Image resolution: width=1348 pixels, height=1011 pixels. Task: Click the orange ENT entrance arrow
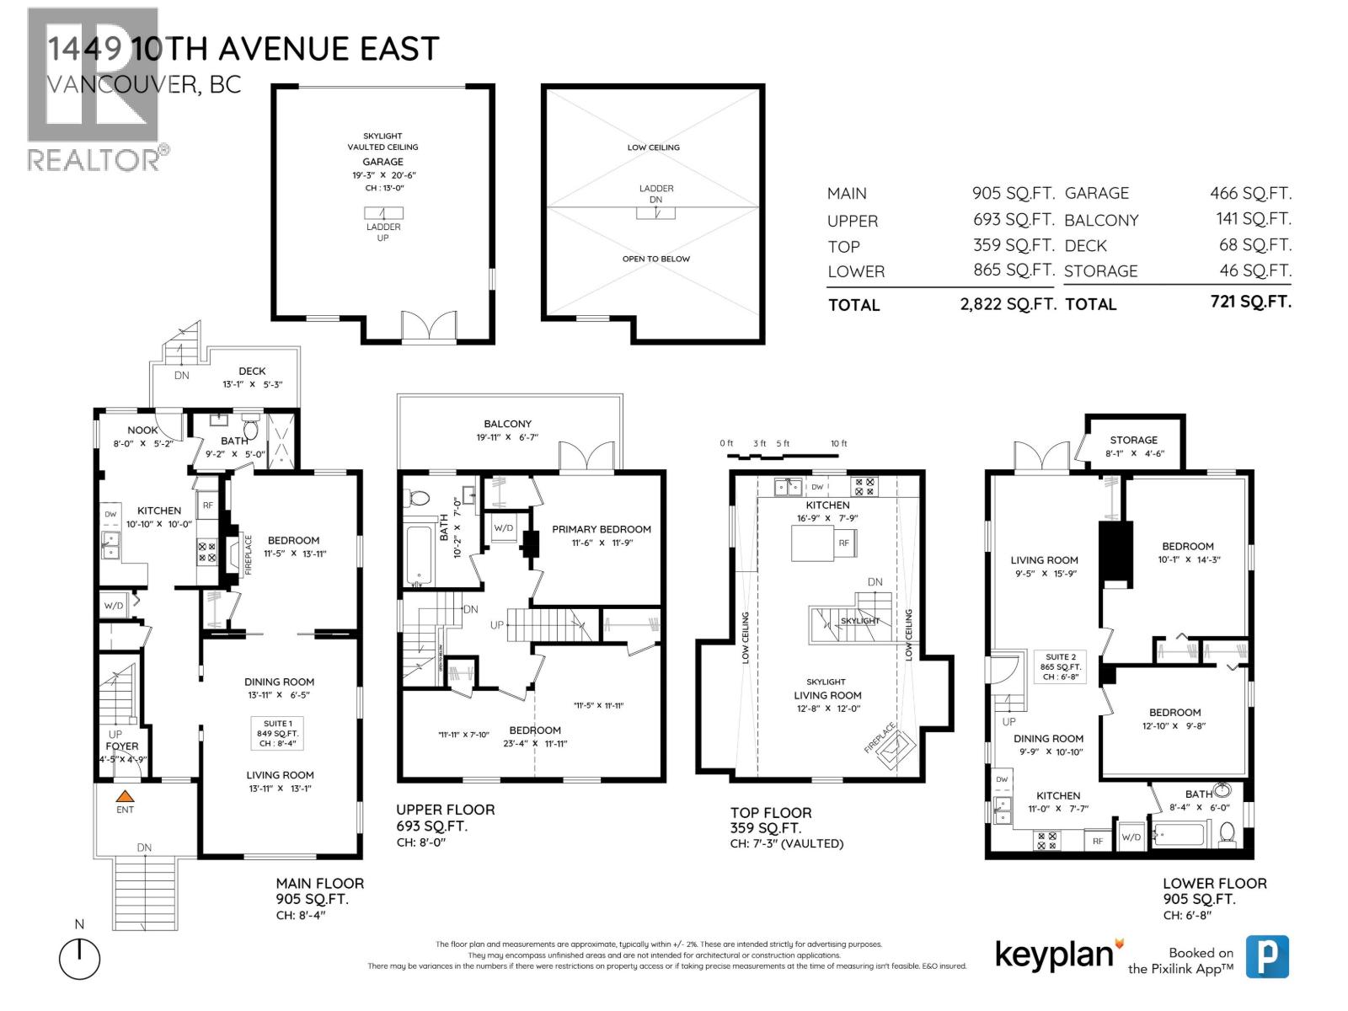point(125,795)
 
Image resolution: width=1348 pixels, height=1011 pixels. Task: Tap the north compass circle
point(79,959)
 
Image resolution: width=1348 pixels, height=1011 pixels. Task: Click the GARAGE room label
point(382,162)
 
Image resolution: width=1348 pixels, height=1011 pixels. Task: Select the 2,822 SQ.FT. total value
point(1007,305)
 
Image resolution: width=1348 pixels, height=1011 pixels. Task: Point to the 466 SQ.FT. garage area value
point(1250,194)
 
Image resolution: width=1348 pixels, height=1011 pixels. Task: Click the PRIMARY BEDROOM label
point(601,530)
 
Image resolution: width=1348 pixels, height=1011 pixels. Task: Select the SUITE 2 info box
point(1061,666)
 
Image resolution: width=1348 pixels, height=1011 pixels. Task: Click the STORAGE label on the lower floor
point(1133,440)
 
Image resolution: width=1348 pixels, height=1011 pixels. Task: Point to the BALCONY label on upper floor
point(507,424)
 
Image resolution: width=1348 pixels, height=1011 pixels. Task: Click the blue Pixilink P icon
point(1267,956)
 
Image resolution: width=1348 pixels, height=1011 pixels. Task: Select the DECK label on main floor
point(252,371)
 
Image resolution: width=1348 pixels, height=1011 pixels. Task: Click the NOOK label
point(142,431)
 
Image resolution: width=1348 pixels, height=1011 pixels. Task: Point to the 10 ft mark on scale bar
point(838,444)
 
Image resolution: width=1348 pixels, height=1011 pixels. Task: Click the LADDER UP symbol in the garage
point(383,213)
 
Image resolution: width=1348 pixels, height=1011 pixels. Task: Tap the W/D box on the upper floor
point(504,528)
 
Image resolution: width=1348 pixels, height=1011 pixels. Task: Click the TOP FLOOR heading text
point(770,813)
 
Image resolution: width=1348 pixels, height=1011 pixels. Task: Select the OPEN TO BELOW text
point(655,259)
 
